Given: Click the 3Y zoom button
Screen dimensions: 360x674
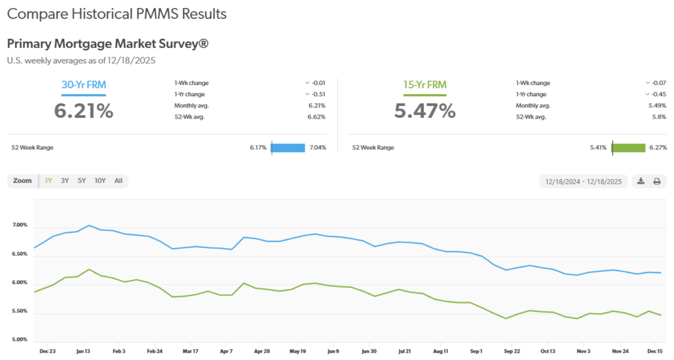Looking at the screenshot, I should [x=65, y=180].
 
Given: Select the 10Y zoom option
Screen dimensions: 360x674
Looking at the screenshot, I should [x=100, y=180].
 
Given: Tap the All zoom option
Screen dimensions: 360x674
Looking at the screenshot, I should [x=118, y=180].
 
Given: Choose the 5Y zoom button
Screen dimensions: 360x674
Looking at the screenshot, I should [x=82, y=180].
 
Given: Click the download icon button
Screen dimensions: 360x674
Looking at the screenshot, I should [x=640, y=181].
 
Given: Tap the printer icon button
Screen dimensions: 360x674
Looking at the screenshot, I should [x=656, y=181].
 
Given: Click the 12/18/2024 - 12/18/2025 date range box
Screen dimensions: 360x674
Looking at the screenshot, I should [x=583, y=181].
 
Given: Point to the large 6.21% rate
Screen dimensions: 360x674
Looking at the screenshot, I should [x=84, y=111].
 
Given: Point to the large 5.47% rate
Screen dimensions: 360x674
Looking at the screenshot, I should [x=425, y=111].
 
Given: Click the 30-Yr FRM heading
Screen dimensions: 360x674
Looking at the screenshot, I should [x=84, y=84].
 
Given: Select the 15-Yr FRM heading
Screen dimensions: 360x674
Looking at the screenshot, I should [x=425, y=84].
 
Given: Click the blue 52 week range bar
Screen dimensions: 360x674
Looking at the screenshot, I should [x=288, y=147].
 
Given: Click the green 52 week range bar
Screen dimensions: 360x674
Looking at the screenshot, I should [x=629, y=147].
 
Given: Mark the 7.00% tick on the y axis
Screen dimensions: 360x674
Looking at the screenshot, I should [x=20, y=225].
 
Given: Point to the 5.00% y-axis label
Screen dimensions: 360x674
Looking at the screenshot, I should [x=20, y=340].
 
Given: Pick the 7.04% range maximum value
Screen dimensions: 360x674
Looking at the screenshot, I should [x=317, y=147].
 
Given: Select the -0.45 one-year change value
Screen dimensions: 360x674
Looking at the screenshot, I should [x=658, y=94].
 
